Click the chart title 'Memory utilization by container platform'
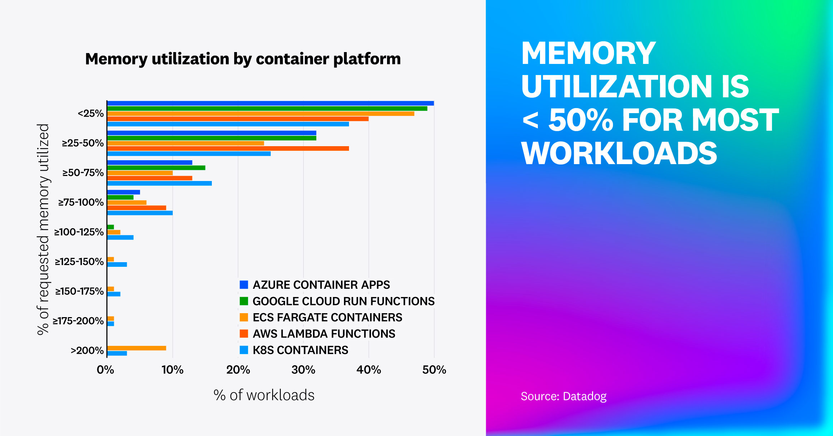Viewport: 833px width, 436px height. point(243,59)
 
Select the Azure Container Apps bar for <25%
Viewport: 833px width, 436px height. point(270,103)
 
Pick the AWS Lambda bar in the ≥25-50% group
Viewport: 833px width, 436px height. point(228,148)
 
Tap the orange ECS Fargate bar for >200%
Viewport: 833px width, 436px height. point(136,348)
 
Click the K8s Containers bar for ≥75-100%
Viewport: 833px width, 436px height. point(140,213)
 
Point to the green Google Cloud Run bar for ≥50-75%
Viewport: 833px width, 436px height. point(156,168)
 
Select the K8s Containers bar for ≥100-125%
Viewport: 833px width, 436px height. point(120,237)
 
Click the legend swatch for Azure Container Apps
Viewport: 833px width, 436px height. point(244,285)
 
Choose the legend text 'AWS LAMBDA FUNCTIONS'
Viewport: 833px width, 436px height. point(324,334)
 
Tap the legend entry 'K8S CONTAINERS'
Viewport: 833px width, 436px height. point(300,350)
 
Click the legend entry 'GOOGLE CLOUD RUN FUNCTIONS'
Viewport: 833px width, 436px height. point(343,301)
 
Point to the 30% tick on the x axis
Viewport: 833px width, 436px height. point(303,370)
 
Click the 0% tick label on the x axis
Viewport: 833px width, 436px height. point(105,370)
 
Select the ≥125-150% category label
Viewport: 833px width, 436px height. point(79,261)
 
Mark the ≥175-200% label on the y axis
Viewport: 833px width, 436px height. point(78,321)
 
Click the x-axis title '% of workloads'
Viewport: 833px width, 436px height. point(264,395)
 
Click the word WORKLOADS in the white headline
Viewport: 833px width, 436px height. point(619,153)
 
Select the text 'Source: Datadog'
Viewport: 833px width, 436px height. point(563,396)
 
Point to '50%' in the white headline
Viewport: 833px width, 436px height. point(581,120)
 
